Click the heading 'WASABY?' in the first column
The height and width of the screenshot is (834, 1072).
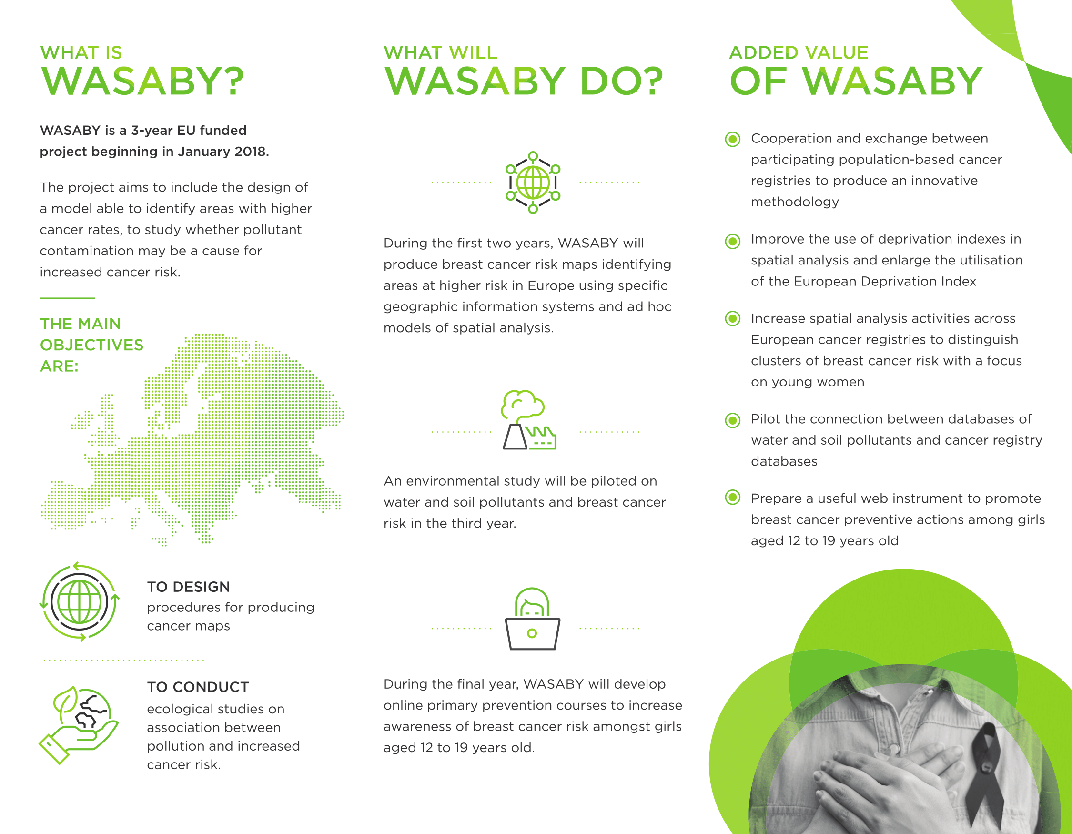(x=142, y=81)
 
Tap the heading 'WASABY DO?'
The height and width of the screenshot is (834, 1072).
(x=523, y=81)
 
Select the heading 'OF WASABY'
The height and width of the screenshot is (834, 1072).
(x=856, y=81)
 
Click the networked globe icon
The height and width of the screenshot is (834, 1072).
(x=533, y=183)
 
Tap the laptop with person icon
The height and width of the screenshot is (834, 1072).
(x=533, y=619)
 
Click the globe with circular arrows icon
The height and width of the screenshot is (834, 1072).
(x=80, y=602)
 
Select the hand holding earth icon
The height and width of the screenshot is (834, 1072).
(x=79, y=725)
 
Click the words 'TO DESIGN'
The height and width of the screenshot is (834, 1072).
(x=189, y=587)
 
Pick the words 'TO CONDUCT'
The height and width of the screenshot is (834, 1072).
(x=198, y=687)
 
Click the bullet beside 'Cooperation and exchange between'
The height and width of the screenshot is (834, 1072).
(x=733, y=140)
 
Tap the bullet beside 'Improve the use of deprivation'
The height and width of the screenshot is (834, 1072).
(x=733, y=241)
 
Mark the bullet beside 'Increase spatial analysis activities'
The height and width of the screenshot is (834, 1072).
(x=733, y=318)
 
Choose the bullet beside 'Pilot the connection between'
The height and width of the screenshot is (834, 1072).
(x=733, y=420)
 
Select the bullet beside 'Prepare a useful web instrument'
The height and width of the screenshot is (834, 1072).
(x=733, y=498)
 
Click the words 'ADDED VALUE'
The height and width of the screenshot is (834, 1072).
(x=799, y=52)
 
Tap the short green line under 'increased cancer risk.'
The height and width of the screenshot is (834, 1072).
(x=67, y=298)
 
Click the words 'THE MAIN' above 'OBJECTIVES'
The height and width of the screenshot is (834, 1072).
(x=81, y=324)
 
